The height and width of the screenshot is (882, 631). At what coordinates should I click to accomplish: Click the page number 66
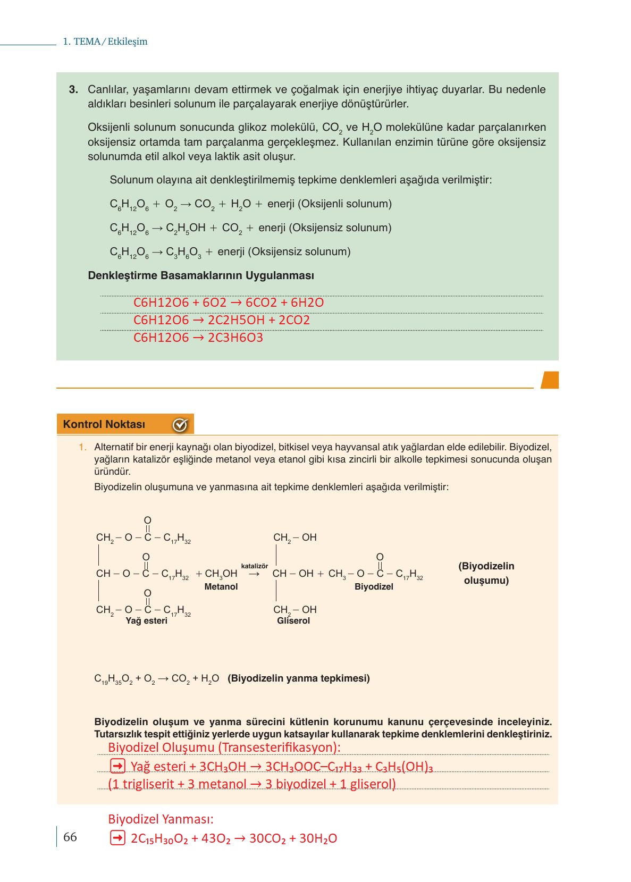(x=70, y=837)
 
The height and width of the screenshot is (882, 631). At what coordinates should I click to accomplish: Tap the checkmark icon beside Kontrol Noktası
(x=180, y=425)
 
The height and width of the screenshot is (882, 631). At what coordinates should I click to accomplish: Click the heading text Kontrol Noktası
(x=104, y=424)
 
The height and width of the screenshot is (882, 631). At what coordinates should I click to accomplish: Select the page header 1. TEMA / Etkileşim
(x=105, y=41)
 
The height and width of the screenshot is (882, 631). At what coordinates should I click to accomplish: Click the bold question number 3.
(x=74, y=89)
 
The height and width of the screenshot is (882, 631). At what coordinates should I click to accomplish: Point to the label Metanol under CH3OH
(x=221, y=586)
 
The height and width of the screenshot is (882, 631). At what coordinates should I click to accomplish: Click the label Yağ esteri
(x=146, y=620)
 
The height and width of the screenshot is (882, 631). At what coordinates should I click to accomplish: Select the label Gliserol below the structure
(x=293, y=620)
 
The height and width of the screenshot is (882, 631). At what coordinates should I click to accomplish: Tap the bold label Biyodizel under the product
(x=374, y=586)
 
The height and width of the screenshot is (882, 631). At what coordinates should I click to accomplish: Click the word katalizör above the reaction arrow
(x=255, y=566)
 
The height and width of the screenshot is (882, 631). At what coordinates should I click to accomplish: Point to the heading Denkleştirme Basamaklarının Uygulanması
(x=201, y=275)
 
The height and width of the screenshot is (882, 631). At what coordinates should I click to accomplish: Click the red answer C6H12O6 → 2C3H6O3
(x=198, y=338)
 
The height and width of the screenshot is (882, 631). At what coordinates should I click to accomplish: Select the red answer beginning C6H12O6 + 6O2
(x=229, y=303)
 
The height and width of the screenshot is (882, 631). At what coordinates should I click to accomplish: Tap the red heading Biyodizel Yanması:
(x=161, y=819)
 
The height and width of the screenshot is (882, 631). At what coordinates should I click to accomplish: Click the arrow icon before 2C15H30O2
(x=117, y=838)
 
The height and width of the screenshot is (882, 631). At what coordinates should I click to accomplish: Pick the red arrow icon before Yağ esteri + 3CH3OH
(x=117, y=766)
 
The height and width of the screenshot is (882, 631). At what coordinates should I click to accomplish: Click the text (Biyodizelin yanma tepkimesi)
(x=299, y=678)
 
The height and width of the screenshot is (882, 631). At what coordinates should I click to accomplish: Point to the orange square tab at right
(x=550, y=380)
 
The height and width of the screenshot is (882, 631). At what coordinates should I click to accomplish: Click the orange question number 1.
(x=82, y=447)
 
